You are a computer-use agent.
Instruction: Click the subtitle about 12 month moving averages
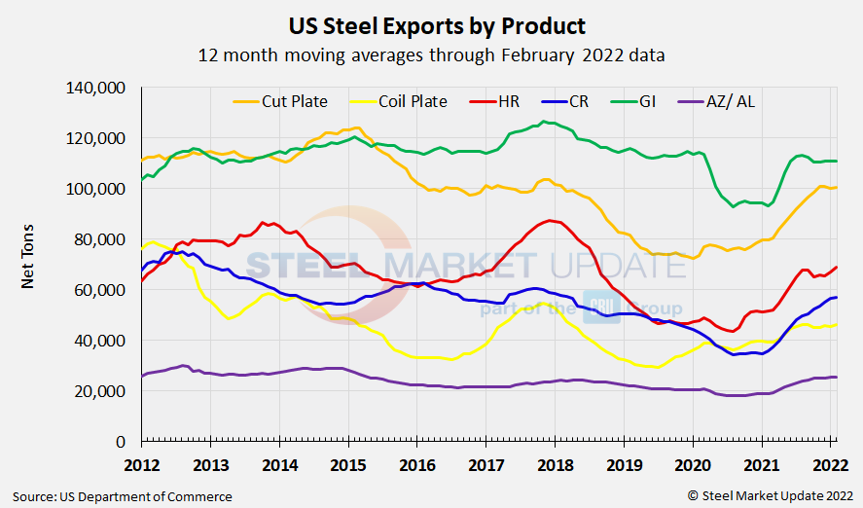click(x=431, y=54)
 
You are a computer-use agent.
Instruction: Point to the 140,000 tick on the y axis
click(x=96, y=88)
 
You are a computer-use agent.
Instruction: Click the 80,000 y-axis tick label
click(x=100, y=239)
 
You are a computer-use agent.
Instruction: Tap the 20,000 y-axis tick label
click(x=100, y=391)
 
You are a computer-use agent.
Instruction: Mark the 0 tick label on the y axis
click(x=122, y=442)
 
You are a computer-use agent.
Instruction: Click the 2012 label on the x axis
click(x=142, y=463)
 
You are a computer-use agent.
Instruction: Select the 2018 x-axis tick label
click(x=555, y=463)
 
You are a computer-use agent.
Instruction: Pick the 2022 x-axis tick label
click(x=830, y=463)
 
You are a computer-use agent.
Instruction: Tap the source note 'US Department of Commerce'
click(x=123, y=496)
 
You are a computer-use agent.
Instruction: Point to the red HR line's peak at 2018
click(x=551, y=221)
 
